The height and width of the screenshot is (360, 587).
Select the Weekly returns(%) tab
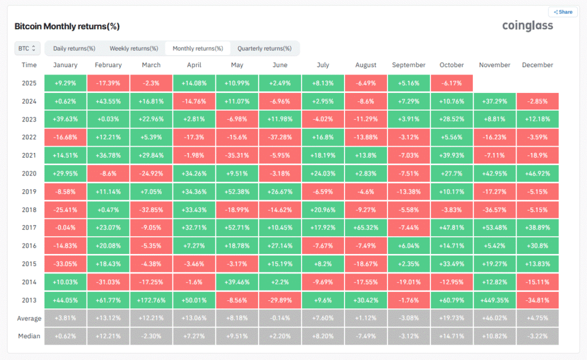point(134,48)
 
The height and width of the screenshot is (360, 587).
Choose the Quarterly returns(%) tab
point(264,48)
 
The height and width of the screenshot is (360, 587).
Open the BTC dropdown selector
point(28,48)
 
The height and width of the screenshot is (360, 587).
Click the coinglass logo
point(527,26)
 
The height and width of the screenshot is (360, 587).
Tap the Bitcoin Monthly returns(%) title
point(66,27)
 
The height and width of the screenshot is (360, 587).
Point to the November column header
point(494,65)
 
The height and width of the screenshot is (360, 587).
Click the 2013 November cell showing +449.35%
point(494,300)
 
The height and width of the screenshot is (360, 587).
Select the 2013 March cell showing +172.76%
point(151,300)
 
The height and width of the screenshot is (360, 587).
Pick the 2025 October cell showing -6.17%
point(451,83)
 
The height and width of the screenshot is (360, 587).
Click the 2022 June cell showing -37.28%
point(280,137)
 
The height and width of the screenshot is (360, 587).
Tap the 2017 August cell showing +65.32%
point(365,228)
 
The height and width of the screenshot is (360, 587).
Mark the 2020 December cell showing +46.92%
point(537,173)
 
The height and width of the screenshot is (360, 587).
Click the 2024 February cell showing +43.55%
point(108,101)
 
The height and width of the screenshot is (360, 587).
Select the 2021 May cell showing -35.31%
point(237,155)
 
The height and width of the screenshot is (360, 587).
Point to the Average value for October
point(451,318)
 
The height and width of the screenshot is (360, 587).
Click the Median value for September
point(408,336)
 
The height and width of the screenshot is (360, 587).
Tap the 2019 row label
point(29,191)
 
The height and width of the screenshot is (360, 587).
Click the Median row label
point(29,336)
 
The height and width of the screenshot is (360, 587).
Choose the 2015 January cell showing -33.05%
point(65,264)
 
